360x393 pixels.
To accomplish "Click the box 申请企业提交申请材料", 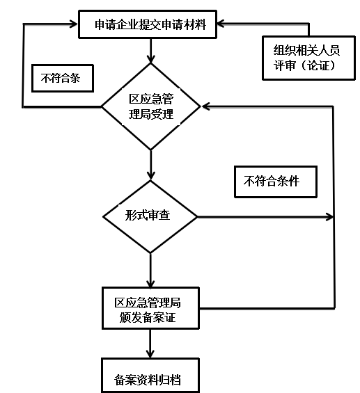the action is coord(148,24).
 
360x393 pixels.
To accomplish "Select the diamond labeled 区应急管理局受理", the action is coord(150,106).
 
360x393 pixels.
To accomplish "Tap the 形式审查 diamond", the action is coord(150,216).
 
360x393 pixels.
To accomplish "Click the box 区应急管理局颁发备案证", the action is coord(150,308).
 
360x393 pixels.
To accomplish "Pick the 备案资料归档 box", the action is coord(150,375).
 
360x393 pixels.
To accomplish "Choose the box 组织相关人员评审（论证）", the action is coord(308,58).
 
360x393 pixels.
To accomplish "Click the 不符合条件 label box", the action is coord(276,182).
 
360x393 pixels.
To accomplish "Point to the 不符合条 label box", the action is coord(63,78).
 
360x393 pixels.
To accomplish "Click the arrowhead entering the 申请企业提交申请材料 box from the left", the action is coord(74,24).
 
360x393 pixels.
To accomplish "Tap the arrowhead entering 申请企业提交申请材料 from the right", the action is coord(221,24).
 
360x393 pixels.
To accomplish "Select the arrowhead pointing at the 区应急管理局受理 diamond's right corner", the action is coord(205,106).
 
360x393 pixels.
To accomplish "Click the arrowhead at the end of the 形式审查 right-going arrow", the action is coord(329,217).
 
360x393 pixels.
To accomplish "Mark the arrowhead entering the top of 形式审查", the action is coord(150,176).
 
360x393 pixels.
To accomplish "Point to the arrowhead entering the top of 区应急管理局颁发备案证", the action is coord(150,283).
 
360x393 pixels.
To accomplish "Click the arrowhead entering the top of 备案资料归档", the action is coord(150,354).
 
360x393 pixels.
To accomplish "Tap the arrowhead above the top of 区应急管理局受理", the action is coord(150,58).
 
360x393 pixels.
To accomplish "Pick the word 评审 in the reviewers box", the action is coord(285,65).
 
